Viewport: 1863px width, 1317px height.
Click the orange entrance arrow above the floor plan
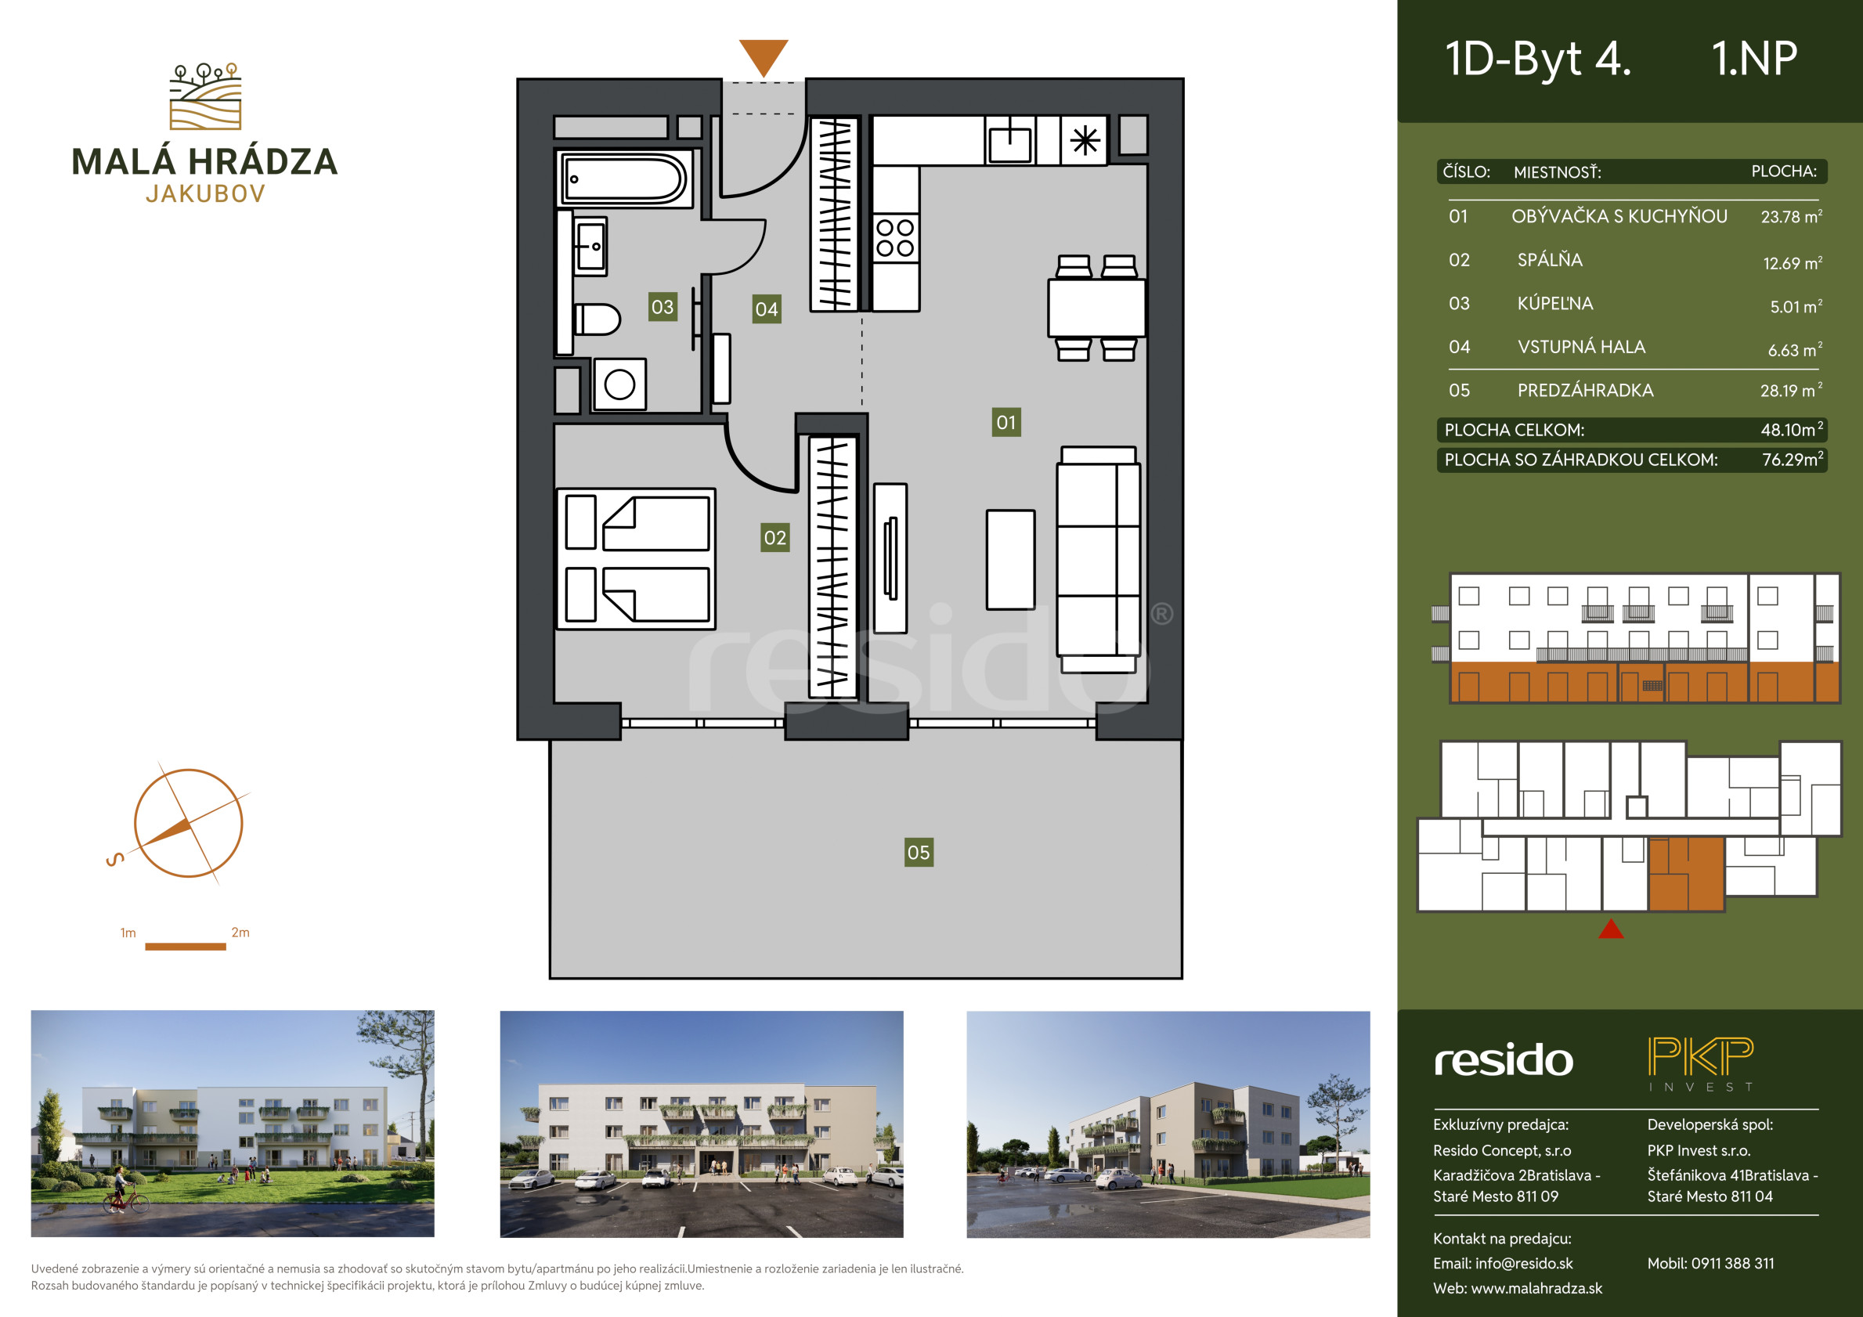764,58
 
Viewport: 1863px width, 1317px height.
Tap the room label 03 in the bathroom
662,307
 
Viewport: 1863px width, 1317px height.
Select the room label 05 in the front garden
919,852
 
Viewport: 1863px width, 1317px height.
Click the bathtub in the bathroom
625,179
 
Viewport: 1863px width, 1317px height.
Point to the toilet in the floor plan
597,319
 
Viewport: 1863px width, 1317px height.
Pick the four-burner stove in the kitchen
895,238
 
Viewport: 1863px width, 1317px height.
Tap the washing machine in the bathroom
619,384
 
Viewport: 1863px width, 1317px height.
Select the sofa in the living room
1099,559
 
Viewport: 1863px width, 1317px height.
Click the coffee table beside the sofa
1010,559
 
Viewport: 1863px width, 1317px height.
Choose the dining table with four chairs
1096,308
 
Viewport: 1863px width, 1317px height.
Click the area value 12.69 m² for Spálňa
1793,262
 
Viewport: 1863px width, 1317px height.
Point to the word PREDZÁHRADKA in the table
1585,390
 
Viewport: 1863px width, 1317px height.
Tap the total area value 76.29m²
1793,460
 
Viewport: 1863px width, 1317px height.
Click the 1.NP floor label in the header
1754,60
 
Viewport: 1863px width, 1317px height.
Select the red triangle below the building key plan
1611,929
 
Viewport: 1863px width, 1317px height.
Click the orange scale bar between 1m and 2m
185,946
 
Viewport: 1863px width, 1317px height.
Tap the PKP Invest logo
1701,1063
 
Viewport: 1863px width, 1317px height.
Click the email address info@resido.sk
1524,1264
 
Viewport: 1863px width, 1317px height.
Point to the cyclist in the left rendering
126,1192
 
